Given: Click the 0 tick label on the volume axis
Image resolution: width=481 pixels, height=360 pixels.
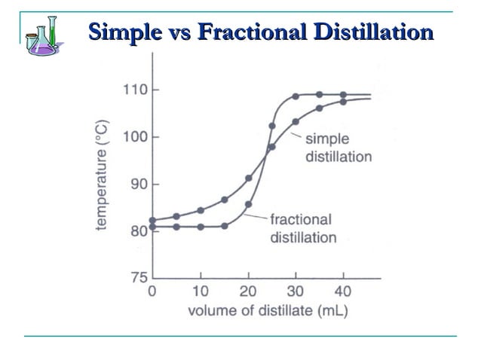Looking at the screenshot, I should pos(152,291).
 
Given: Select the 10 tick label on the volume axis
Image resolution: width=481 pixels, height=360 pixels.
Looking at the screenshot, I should pos(200,291).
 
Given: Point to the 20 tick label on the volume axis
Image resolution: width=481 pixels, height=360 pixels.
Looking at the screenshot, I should pos(248,291).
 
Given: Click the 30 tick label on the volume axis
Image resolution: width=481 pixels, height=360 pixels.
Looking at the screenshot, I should pos(296,291).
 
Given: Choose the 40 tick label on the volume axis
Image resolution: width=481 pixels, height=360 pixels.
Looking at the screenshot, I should pos(343,291).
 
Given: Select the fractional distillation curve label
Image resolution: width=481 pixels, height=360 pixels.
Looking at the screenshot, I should pos(301,228).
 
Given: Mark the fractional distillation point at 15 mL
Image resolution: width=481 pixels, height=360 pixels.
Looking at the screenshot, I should pos(225,226).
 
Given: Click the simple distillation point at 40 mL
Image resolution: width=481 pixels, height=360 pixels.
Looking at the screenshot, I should pos(343,101).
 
